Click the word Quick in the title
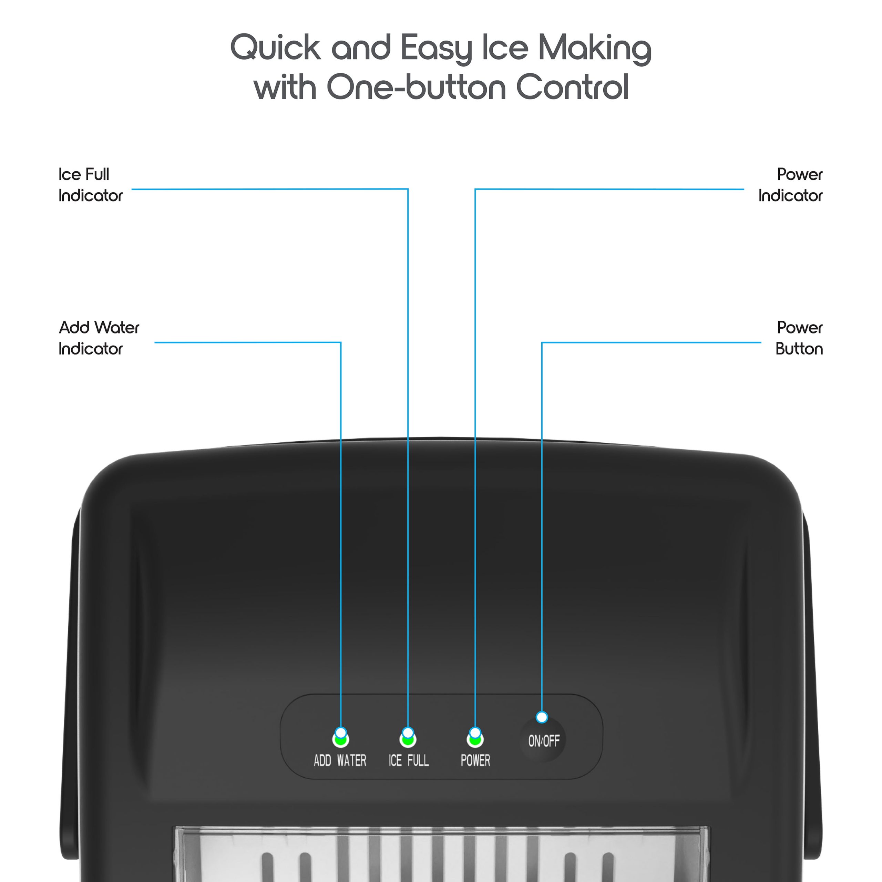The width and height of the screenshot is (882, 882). pos(275,48)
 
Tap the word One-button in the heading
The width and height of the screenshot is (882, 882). pos(416,87)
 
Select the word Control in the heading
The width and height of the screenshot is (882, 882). pos(572,87)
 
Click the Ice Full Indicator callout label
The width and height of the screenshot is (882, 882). pos(90,185)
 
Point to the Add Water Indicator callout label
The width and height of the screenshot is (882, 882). pos(99,338)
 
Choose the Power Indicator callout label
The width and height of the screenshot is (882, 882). pos(790,185)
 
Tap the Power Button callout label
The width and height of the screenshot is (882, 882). pos(799,338)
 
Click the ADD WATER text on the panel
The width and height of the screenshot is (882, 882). pos(340,761)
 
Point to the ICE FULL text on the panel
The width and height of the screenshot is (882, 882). pos(409,761)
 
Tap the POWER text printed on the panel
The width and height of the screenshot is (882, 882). pos(475,761)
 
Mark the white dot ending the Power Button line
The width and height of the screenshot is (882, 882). pos(542,717)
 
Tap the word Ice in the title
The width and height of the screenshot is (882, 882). pos(505,48)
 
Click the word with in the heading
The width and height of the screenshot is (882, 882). pos(285,87)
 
